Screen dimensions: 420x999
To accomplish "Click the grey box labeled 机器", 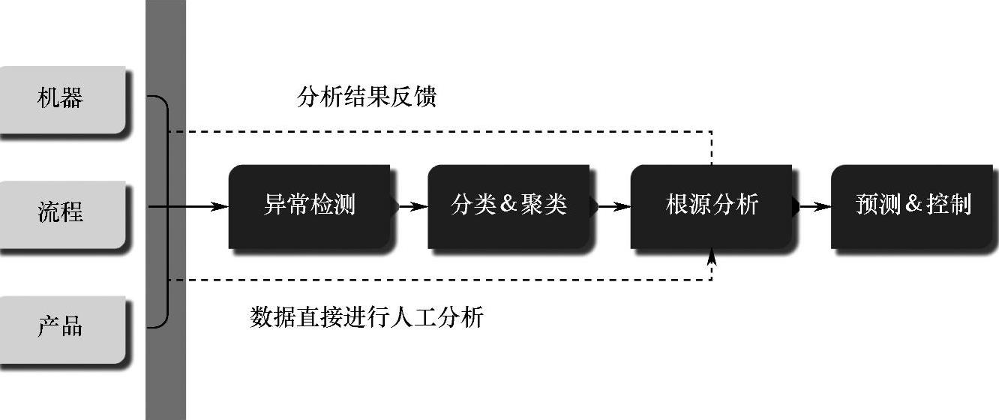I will click(x=61, y=100).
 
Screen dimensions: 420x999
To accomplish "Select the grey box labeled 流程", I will click(x=61, y=214).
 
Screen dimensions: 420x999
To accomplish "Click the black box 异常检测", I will click(x=309, y=205).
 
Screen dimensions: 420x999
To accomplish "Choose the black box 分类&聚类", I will click(x=508, y=205).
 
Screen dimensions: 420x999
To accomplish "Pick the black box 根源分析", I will click(x=711, y=205).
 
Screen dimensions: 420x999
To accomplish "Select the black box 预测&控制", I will click(x=912, y=205).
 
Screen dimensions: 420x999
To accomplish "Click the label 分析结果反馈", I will click(x=366, y=97).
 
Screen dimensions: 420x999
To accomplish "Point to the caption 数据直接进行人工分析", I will click(x=366, y=317).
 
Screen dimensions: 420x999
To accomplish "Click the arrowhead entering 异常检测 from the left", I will click(x=220, y=206).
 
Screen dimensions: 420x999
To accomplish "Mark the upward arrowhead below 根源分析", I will click(x=712, y=257).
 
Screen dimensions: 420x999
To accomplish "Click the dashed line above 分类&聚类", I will click(x=508, y=132).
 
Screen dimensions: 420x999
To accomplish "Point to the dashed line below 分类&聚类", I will click(x=508, y=280).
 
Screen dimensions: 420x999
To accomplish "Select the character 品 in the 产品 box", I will click(x=73, y=327).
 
